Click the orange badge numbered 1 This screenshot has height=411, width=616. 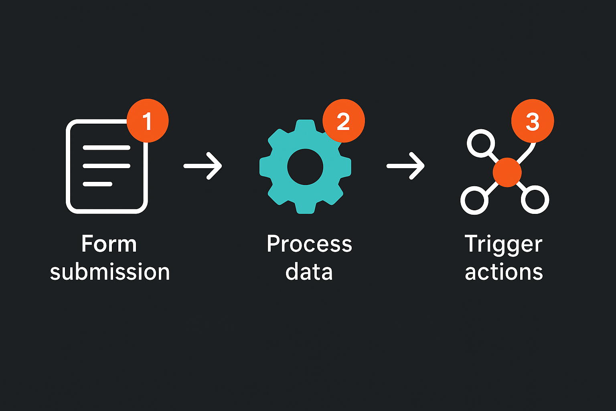(148, 121)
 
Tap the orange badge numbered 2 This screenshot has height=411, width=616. (344, 121)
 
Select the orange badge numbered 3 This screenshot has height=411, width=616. (533, 121)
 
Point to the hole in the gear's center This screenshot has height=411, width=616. (305, 167)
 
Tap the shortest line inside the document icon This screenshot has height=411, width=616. (97, 184)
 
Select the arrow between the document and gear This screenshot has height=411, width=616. (203, 166)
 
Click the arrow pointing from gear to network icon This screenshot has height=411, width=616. (405, 166)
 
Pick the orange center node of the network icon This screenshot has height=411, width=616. (507, 172)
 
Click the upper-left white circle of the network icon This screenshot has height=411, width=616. (481, 143)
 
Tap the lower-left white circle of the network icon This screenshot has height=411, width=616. (474, 200)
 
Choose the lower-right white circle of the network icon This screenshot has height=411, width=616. (535, 199)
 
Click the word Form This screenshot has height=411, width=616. (109, 244)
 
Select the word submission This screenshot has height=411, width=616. (110, 272)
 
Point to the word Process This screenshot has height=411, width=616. (309, 244)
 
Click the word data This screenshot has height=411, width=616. (309, 272)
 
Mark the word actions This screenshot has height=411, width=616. (504, 272)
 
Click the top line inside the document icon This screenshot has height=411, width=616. (106, 148)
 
